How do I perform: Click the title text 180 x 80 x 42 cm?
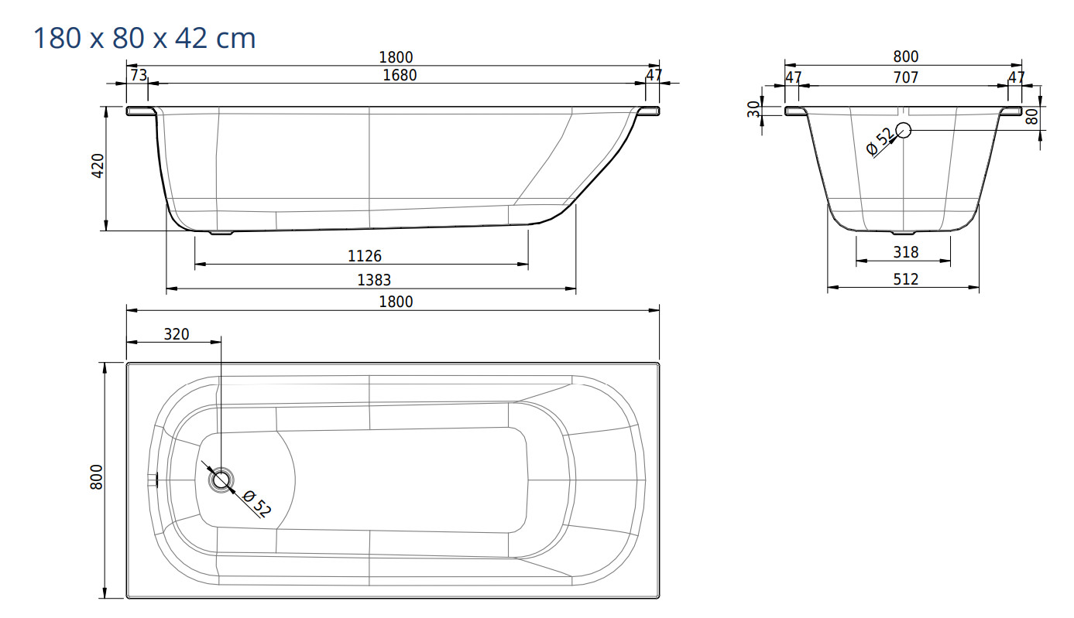point(144,38)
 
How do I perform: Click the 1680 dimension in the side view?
point(400,75)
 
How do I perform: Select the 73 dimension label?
point(139,75)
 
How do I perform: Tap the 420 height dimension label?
point(98,166)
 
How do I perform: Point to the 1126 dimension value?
point(365,256)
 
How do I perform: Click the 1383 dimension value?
point(374,280)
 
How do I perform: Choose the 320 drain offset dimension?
point(177,334)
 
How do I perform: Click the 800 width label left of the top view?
point(96,476)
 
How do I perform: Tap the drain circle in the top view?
point(221,480)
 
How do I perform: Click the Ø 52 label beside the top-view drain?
point(257,504)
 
